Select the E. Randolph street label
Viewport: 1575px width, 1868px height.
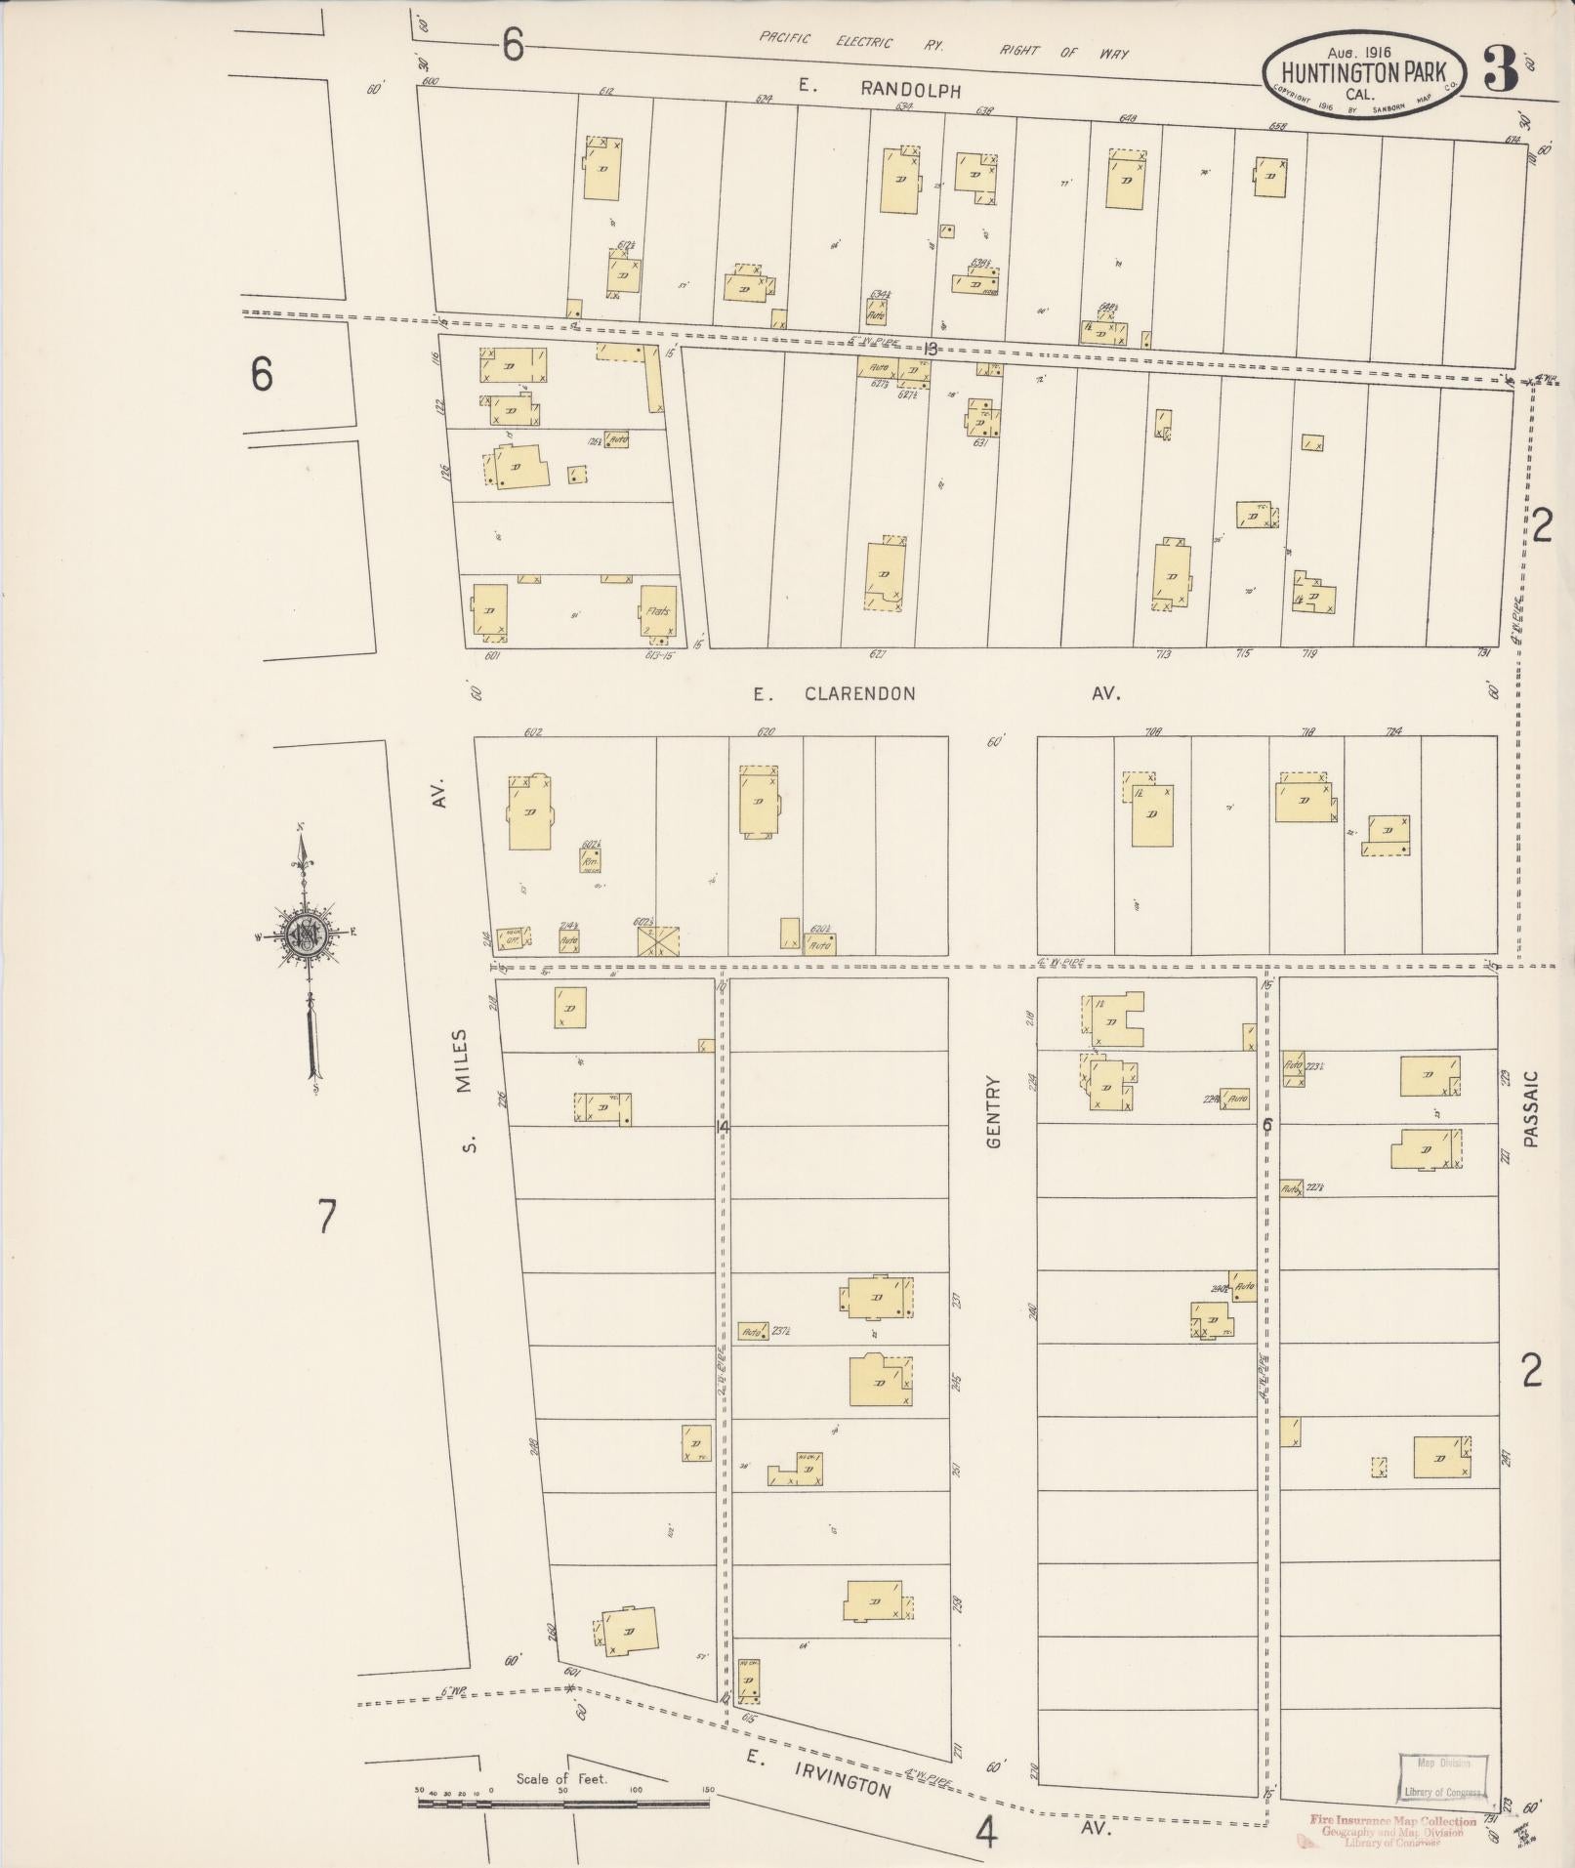(879, 88)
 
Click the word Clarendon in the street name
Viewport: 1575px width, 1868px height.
(860, 693)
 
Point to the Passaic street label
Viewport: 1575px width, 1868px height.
(1529, 1108)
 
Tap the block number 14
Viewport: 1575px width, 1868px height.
(722, 1127)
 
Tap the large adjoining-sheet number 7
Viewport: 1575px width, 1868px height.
(327, 1217)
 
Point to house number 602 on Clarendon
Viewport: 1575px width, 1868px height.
(532, 732)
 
